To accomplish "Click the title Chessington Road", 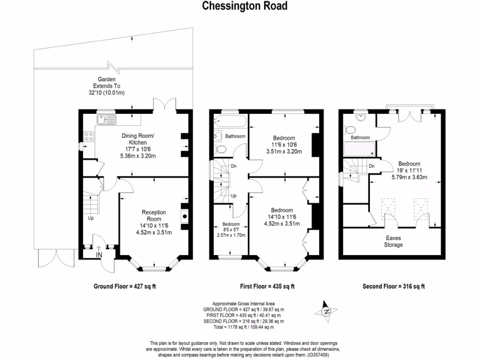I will (244, 6).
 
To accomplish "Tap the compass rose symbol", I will (327, 311).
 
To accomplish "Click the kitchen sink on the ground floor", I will (106, 120).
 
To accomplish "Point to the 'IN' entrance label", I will (99, 255).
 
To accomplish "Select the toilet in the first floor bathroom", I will (221, 150).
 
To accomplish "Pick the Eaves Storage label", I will (393, 241).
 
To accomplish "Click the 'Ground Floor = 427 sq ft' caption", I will (125, 286).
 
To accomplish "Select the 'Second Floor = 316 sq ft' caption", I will (394, 286).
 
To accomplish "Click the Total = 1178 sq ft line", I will (243, 327).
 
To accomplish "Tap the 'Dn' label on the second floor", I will (371, 166).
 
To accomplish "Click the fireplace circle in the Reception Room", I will (185, 216).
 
